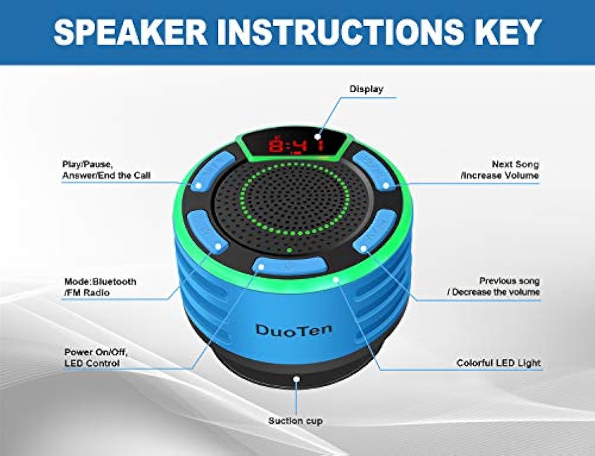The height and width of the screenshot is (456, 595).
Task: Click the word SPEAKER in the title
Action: tap(130, 32)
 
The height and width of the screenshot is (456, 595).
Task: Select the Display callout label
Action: tap(366, 89)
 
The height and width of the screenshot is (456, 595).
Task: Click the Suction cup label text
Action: tap(295, 421)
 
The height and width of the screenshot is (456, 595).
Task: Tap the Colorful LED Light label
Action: tap(499, 363)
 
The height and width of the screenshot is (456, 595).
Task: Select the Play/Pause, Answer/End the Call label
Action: tap(106, 170)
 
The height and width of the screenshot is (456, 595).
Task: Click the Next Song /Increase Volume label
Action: tap(500, 169)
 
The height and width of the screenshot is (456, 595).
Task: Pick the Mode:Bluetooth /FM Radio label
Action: tap(100, 287)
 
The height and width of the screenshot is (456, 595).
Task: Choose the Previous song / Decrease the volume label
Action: tap(494, 287)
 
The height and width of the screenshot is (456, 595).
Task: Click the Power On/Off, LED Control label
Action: tap(96, 358)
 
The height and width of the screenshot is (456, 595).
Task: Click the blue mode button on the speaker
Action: tap(207, 232)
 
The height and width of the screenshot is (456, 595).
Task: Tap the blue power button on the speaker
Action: tap(289, 266)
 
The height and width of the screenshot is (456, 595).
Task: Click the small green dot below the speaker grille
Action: tap(289, 250)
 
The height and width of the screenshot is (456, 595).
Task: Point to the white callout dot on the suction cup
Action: tap(296, 379)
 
